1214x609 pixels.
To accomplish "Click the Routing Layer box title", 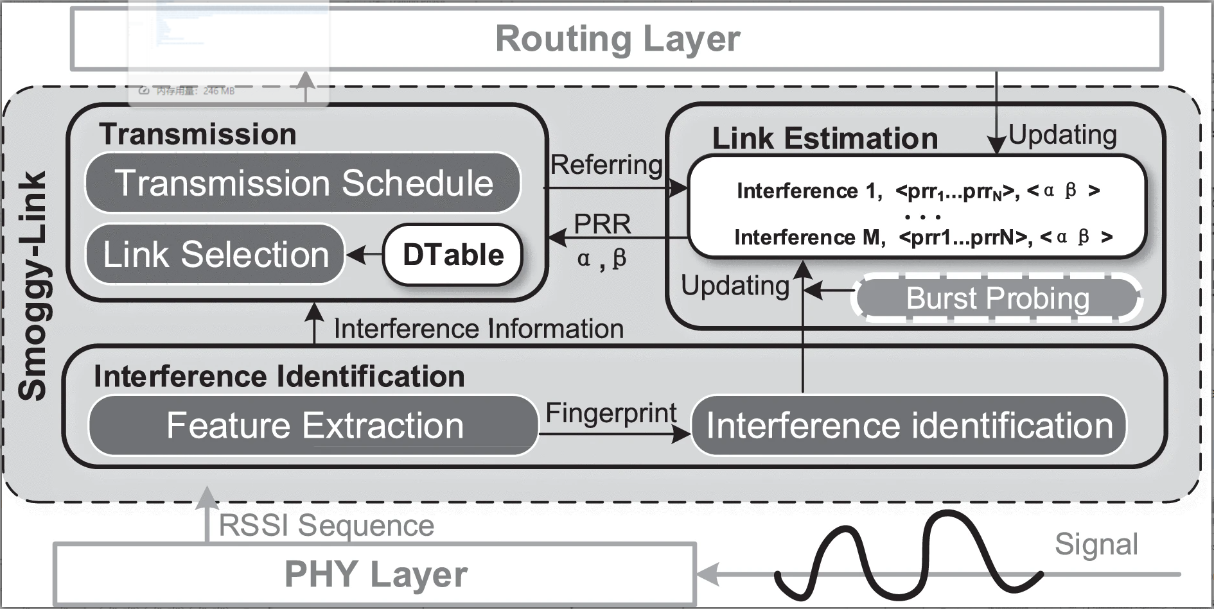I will tap(617, 39).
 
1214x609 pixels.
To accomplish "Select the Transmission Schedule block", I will tap(303, 183).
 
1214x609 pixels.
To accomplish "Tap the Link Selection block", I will tap(216, 254).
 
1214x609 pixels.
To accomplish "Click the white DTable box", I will tap(453, 255).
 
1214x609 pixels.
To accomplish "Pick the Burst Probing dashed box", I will tap(997, 298).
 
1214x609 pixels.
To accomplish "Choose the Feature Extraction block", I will tap(313, 425).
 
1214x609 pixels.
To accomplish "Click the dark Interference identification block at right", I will tap(909, 425).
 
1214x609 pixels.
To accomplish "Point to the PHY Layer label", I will tap(376, 574).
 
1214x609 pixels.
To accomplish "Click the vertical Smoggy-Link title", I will tap(32, 286).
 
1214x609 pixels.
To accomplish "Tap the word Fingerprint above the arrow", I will tap(611, 413).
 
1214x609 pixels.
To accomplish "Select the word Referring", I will tap(606, 165).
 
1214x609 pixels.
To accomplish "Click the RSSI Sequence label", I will tap(326, 526).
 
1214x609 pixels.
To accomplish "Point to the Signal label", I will tap(1096, 544).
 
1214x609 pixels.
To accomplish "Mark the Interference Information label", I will tap(479, 329).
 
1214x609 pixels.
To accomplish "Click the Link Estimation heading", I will tap(825, 139).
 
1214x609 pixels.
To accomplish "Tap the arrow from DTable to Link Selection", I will tap(364, 255).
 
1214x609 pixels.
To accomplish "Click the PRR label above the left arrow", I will tap(602, 225).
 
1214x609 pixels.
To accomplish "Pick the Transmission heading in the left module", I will tap(197, 134).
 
